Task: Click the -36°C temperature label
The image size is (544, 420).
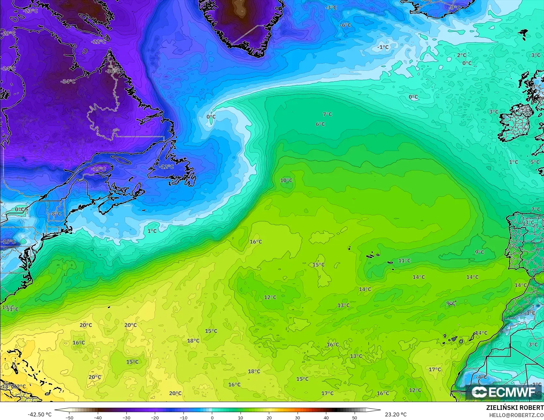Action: (113, 71)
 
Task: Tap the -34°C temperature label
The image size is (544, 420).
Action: (68, 81)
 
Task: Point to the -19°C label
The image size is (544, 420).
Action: (98, 169)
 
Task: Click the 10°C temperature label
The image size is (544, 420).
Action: (286, 180)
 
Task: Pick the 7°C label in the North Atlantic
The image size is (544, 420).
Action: (327, 114)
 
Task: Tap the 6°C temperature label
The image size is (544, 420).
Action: (320, 124)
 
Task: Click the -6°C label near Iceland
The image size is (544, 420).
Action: (345, 25)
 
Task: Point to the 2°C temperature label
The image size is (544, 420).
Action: (462, 55)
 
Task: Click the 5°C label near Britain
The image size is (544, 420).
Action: (535, 162)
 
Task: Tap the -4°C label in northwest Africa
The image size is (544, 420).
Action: (481, 377)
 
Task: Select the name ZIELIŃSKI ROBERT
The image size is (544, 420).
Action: (515, 408)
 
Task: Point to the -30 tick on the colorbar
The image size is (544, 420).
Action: (126, 417)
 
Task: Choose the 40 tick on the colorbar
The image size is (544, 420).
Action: (326, 417)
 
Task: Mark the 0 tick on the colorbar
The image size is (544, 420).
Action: (212, 417)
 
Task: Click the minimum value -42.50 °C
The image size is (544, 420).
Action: (40, 414)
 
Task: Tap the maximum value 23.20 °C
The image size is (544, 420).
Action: (396, 414)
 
